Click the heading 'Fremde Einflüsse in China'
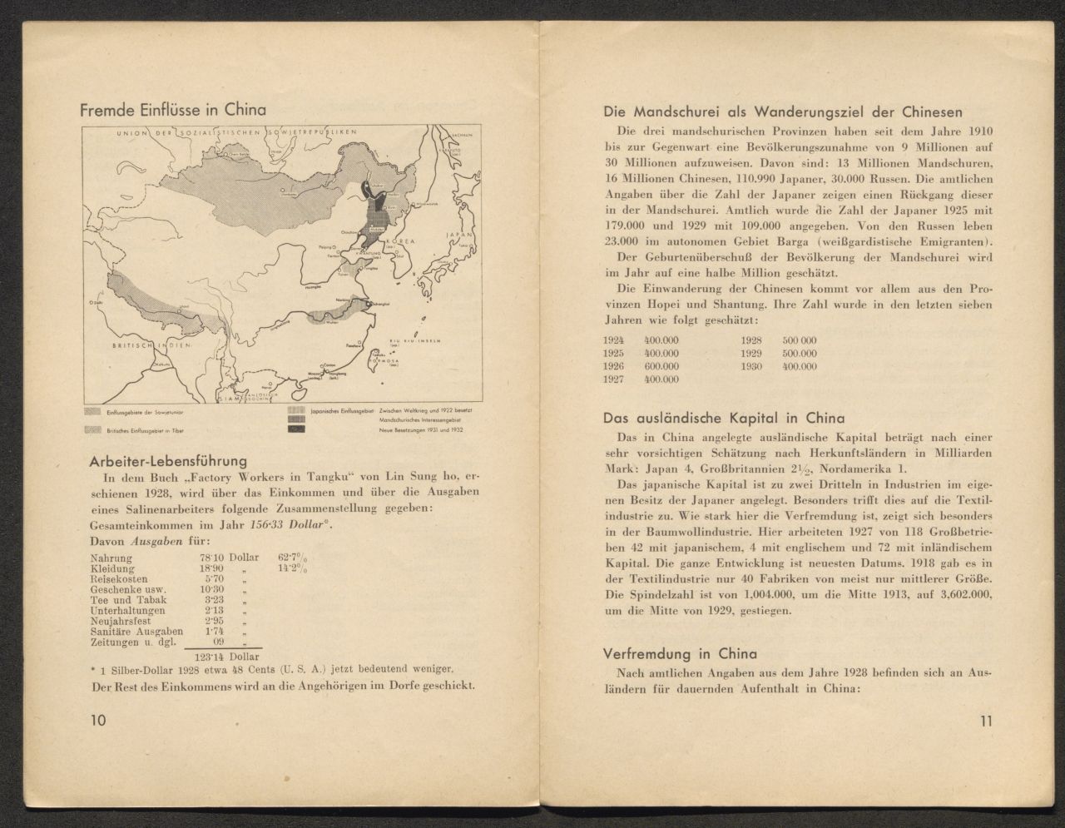pos(173,110)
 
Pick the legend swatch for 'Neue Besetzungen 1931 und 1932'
pos(296,429)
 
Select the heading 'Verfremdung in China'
pos(680,653)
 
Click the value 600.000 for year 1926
pos(661,366)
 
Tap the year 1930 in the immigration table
pos(753,366)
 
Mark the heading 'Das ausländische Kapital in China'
pos(724,419)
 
